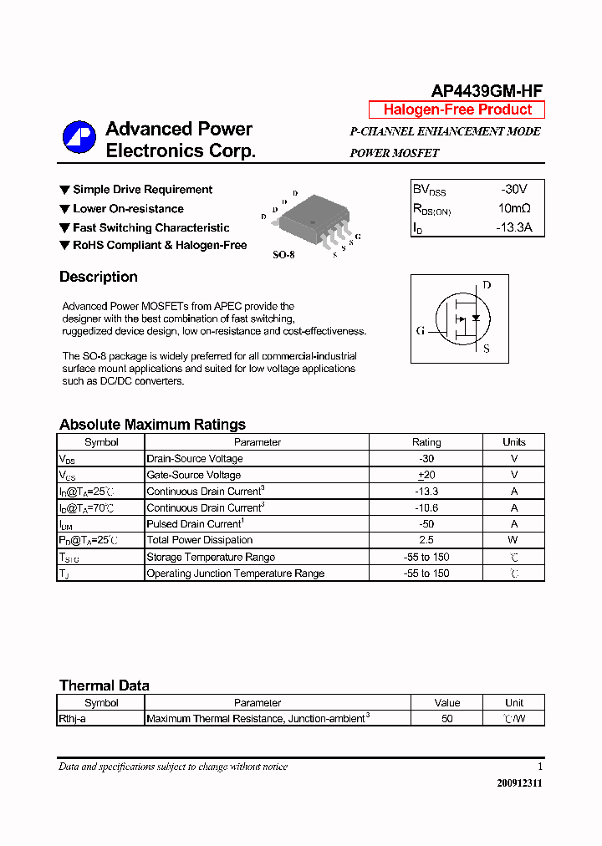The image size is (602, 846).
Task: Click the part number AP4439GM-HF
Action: [487, 91]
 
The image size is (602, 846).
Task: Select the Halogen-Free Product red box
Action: [457, 110]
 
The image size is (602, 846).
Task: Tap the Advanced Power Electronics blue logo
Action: [79, 139]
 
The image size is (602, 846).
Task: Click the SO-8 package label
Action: [283, 254]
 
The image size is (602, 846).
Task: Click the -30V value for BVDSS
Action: [513, 190]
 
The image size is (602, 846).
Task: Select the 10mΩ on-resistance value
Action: [513, 208]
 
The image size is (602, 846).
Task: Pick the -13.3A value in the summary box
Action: [513, 227]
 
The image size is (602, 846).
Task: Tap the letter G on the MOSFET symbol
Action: [421, 330]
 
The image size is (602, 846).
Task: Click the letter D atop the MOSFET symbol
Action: [487, 285]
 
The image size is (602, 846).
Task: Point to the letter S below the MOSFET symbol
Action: [487, 349]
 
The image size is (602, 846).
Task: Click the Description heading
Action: [99, 277]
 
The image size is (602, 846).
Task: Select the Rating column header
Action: [426, 442]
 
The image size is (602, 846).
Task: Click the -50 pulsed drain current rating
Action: [426, 524]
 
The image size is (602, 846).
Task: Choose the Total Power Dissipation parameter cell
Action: [200, 540]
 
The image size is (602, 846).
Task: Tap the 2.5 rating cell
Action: [426, 540]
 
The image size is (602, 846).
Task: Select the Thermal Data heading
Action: [105, 685]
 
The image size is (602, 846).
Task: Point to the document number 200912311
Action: [519, 784]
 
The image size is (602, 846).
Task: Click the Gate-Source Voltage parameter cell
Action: [194, 475]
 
